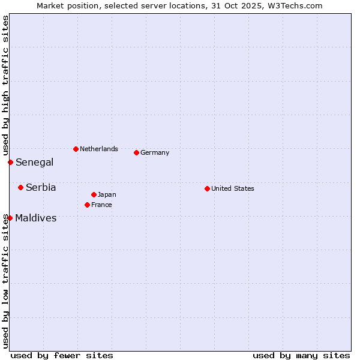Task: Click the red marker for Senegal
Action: click(x=10, y=162)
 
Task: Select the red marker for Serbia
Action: click(x=20, y=187)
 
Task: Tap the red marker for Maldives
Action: click(x=10, y=218)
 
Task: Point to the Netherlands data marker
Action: click(x=76, y=149)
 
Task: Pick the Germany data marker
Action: click(x=136, y=152)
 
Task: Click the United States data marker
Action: click(x=207, y=188)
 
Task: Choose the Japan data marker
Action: click(x=94, y=194)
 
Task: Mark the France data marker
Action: click(x=87, y=205)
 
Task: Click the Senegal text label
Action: click(x=35, y=162)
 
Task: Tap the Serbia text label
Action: click(x=41, y=187)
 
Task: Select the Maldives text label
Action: click(x=36, y=218)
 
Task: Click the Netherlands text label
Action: click(x=99, y=149)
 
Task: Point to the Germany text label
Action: click(x=155, y=152)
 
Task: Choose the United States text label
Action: click(x=233, y=188)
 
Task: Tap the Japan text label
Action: click(x=107, y=194)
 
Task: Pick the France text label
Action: click(x=101, y=205)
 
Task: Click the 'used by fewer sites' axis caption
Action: click(x=62, y=355)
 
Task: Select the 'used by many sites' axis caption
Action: click(x=301, y=355)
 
